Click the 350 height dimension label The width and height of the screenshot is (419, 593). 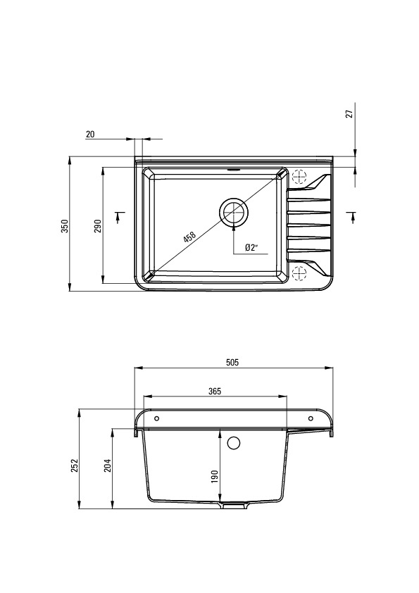click(65, 226)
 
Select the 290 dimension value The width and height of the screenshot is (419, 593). click(98, 226)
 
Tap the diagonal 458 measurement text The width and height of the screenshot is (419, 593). click(189, 237)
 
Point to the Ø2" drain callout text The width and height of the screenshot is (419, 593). click(251, 248)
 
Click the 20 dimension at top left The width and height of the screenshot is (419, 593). click(90, 135)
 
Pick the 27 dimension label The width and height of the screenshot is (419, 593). click(350, 113)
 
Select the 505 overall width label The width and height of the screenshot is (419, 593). click(232, 362)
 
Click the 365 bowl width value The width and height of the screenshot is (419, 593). click(214, 392)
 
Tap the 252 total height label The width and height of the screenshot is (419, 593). click(74, 466)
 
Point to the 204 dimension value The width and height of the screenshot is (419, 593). click(108, 466)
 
